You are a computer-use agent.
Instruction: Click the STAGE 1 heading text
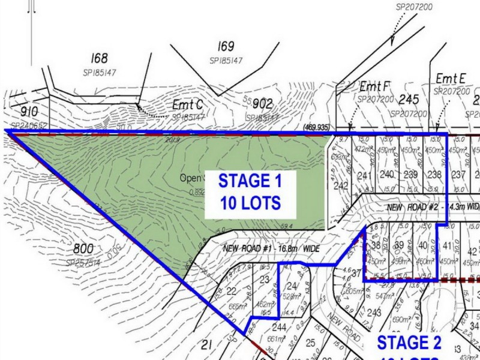[249, 181]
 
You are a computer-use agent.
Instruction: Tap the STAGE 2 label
[409, 343]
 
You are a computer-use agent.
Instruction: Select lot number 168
[100, 59]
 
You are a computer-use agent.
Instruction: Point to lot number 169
[226, 47]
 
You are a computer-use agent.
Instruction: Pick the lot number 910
[29, 112]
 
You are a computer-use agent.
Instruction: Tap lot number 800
[83, 249]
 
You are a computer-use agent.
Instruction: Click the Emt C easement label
[188, 105]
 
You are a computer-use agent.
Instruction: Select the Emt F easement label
[376, 86]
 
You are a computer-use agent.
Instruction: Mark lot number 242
[341, 186]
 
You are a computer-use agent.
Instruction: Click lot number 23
[265, 279]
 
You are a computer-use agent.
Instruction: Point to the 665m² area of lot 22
[237, 307]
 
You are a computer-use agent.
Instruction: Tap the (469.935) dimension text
[317, 128]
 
